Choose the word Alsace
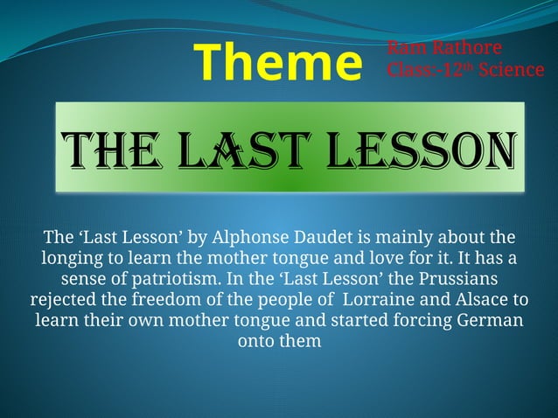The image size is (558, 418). (x=480, y=300)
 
